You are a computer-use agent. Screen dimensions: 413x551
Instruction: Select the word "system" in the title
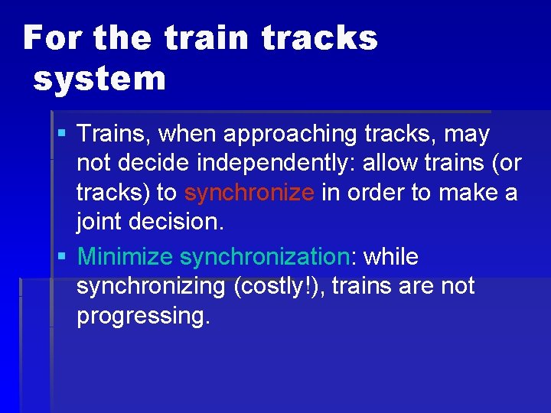coord(99,79)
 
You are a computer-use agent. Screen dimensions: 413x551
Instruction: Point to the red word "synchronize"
coord(249,192)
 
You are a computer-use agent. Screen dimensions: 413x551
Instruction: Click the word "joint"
coord(97,221)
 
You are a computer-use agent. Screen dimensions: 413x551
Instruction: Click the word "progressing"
coord(142,315)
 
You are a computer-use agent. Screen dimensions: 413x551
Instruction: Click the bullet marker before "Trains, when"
coord(62,135)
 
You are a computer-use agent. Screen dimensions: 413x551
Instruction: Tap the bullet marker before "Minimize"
coord(62,257)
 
